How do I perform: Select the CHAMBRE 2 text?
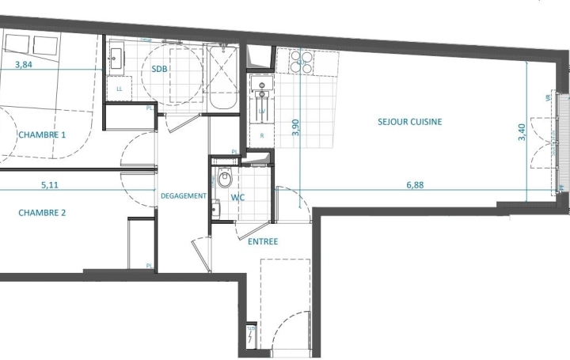42,212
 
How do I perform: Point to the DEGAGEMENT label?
184,196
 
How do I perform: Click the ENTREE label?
263,241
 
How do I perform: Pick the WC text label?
238,197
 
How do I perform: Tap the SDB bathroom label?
159,70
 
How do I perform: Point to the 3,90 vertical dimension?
296,127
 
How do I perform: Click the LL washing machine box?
120,89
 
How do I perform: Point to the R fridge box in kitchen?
261,135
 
